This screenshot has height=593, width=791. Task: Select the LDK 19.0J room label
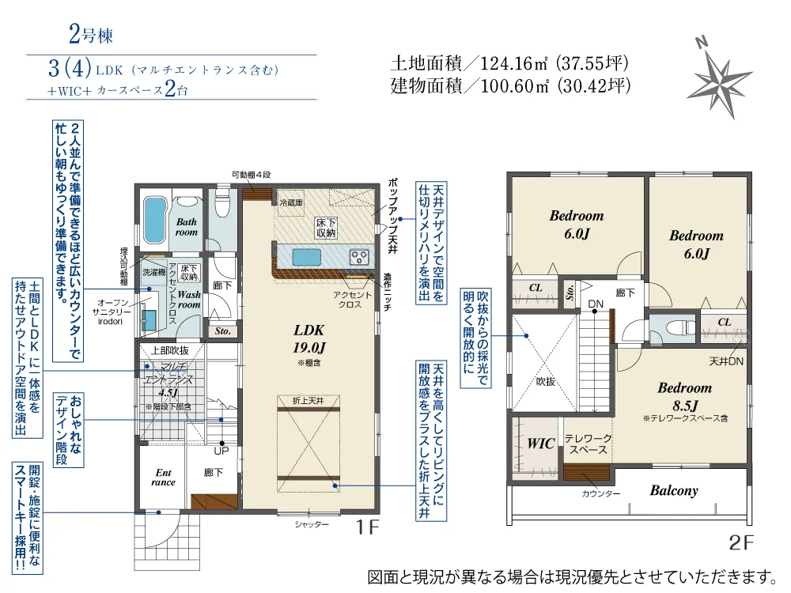pyautogui.click(x=308, y=339)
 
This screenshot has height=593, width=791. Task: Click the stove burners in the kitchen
pyautogui.click(x=359, y=257)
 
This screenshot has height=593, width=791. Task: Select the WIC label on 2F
pyautogui.click(x=541, y=444)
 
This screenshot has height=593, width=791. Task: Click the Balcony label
pyautogui.click(x=673, y=490)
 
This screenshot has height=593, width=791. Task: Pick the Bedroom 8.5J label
pyautogui.click(x=684, y=396)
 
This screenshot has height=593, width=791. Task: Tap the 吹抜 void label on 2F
pyautogui.click(x=545, y=382)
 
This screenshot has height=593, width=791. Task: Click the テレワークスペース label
pyautogui.click(x=588, y=444)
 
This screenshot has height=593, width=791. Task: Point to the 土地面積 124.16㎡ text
pyautogui.click(x=509, y=63)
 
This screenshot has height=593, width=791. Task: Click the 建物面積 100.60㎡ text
pyautogui.click(x=510, y=85)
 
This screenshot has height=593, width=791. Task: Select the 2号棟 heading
pyautogui.click(x=91, y=34)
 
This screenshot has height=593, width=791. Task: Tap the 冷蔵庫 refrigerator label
pyautogui.click(x=291, y=202)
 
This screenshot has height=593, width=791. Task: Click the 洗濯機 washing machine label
pyautogui.click(x=154, y=272)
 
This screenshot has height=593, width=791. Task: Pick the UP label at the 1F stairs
pyautogui.click(x=221, y=451)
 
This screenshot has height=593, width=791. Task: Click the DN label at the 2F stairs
pyautogui.click(x=596, y=304)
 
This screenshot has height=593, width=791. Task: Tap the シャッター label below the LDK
pyautogui.click(x=312, y=524)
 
